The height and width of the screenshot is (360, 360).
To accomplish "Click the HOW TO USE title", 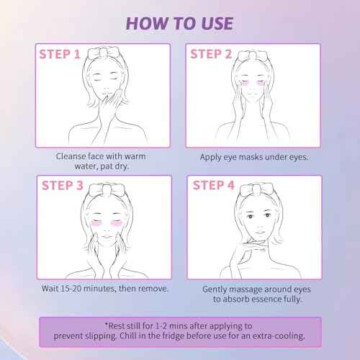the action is [179, 24].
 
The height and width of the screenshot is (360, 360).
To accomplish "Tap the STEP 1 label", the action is [60, 54].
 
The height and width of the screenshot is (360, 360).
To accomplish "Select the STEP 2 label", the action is [211, 54].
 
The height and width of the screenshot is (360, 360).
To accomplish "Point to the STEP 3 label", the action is [63, 186].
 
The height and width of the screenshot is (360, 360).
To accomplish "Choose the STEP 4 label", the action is [214, 185].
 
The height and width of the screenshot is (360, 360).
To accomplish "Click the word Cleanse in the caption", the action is [71, 156].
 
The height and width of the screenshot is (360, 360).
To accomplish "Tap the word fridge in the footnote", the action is [174, 336].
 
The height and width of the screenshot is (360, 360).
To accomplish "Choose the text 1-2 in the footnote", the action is [161, 326].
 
